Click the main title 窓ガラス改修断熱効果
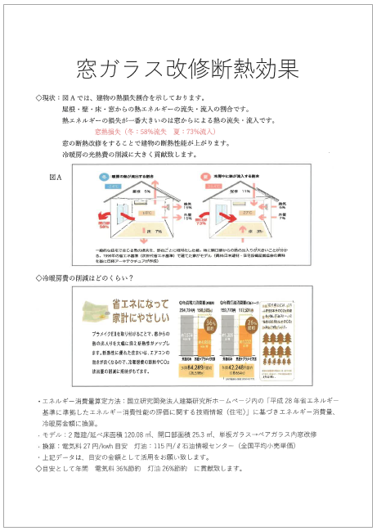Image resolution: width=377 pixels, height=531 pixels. (x=187, y=65)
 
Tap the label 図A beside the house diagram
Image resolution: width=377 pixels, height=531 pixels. (x=56, y=176)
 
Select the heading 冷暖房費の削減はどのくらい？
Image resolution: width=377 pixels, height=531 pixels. (x=90, y=277)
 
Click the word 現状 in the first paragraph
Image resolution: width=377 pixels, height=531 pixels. (x=52, y=97)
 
